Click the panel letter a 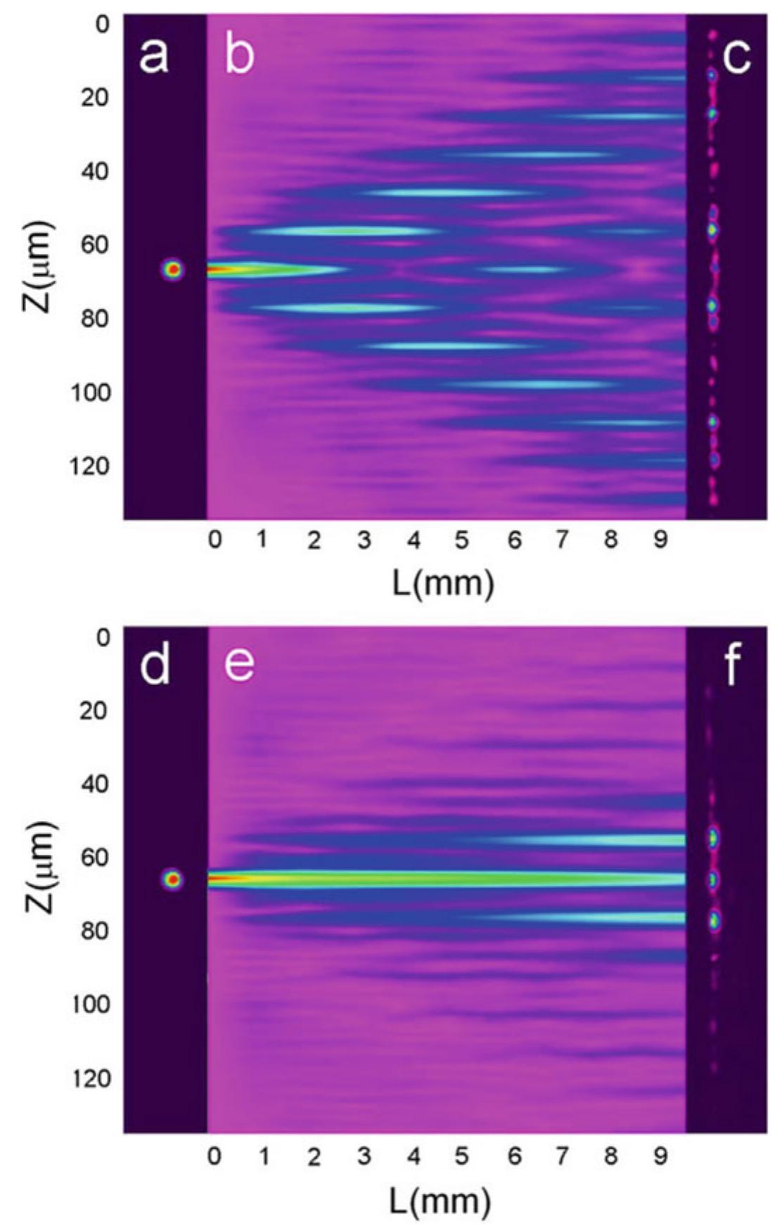[154, 55]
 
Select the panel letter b [239, 55]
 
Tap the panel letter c [736, 55]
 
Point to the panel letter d [155, 664]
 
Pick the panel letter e [239, 664]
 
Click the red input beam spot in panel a [172, 269]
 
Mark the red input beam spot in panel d [172, 879]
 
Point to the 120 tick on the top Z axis [91, 466]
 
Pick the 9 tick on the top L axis [660, 540]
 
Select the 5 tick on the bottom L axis [461, 1156]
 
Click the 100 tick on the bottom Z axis [91, 1004]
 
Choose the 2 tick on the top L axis [314, 540]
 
